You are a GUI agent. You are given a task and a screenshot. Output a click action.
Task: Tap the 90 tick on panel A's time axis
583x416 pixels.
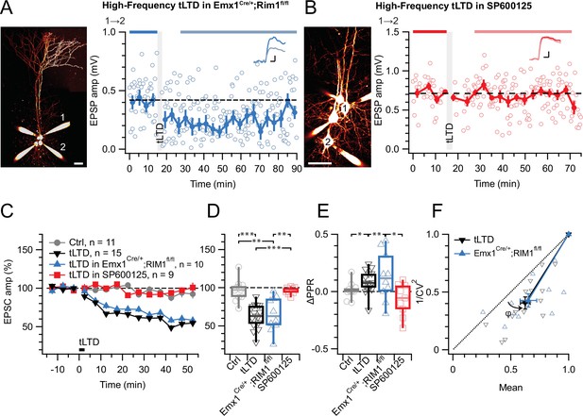click(297, 169)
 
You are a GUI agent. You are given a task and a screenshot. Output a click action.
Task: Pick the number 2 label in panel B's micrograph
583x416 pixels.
click(328, 141)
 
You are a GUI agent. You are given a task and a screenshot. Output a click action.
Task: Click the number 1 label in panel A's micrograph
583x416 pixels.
click(63, 117)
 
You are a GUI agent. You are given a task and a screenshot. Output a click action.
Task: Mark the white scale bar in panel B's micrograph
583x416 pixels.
click(319, 162)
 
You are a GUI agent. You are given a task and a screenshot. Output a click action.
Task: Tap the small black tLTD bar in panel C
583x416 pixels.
click(82, 350)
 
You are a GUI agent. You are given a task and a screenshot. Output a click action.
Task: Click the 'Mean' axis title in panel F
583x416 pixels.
click(510, 388)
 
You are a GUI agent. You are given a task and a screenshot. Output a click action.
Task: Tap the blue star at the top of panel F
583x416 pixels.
click(569, 234)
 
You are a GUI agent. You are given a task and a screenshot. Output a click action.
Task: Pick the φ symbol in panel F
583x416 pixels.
click(508, 313)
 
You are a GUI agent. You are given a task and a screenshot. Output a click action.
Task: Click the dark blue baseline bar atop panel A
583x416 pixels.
click(144, 32)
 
